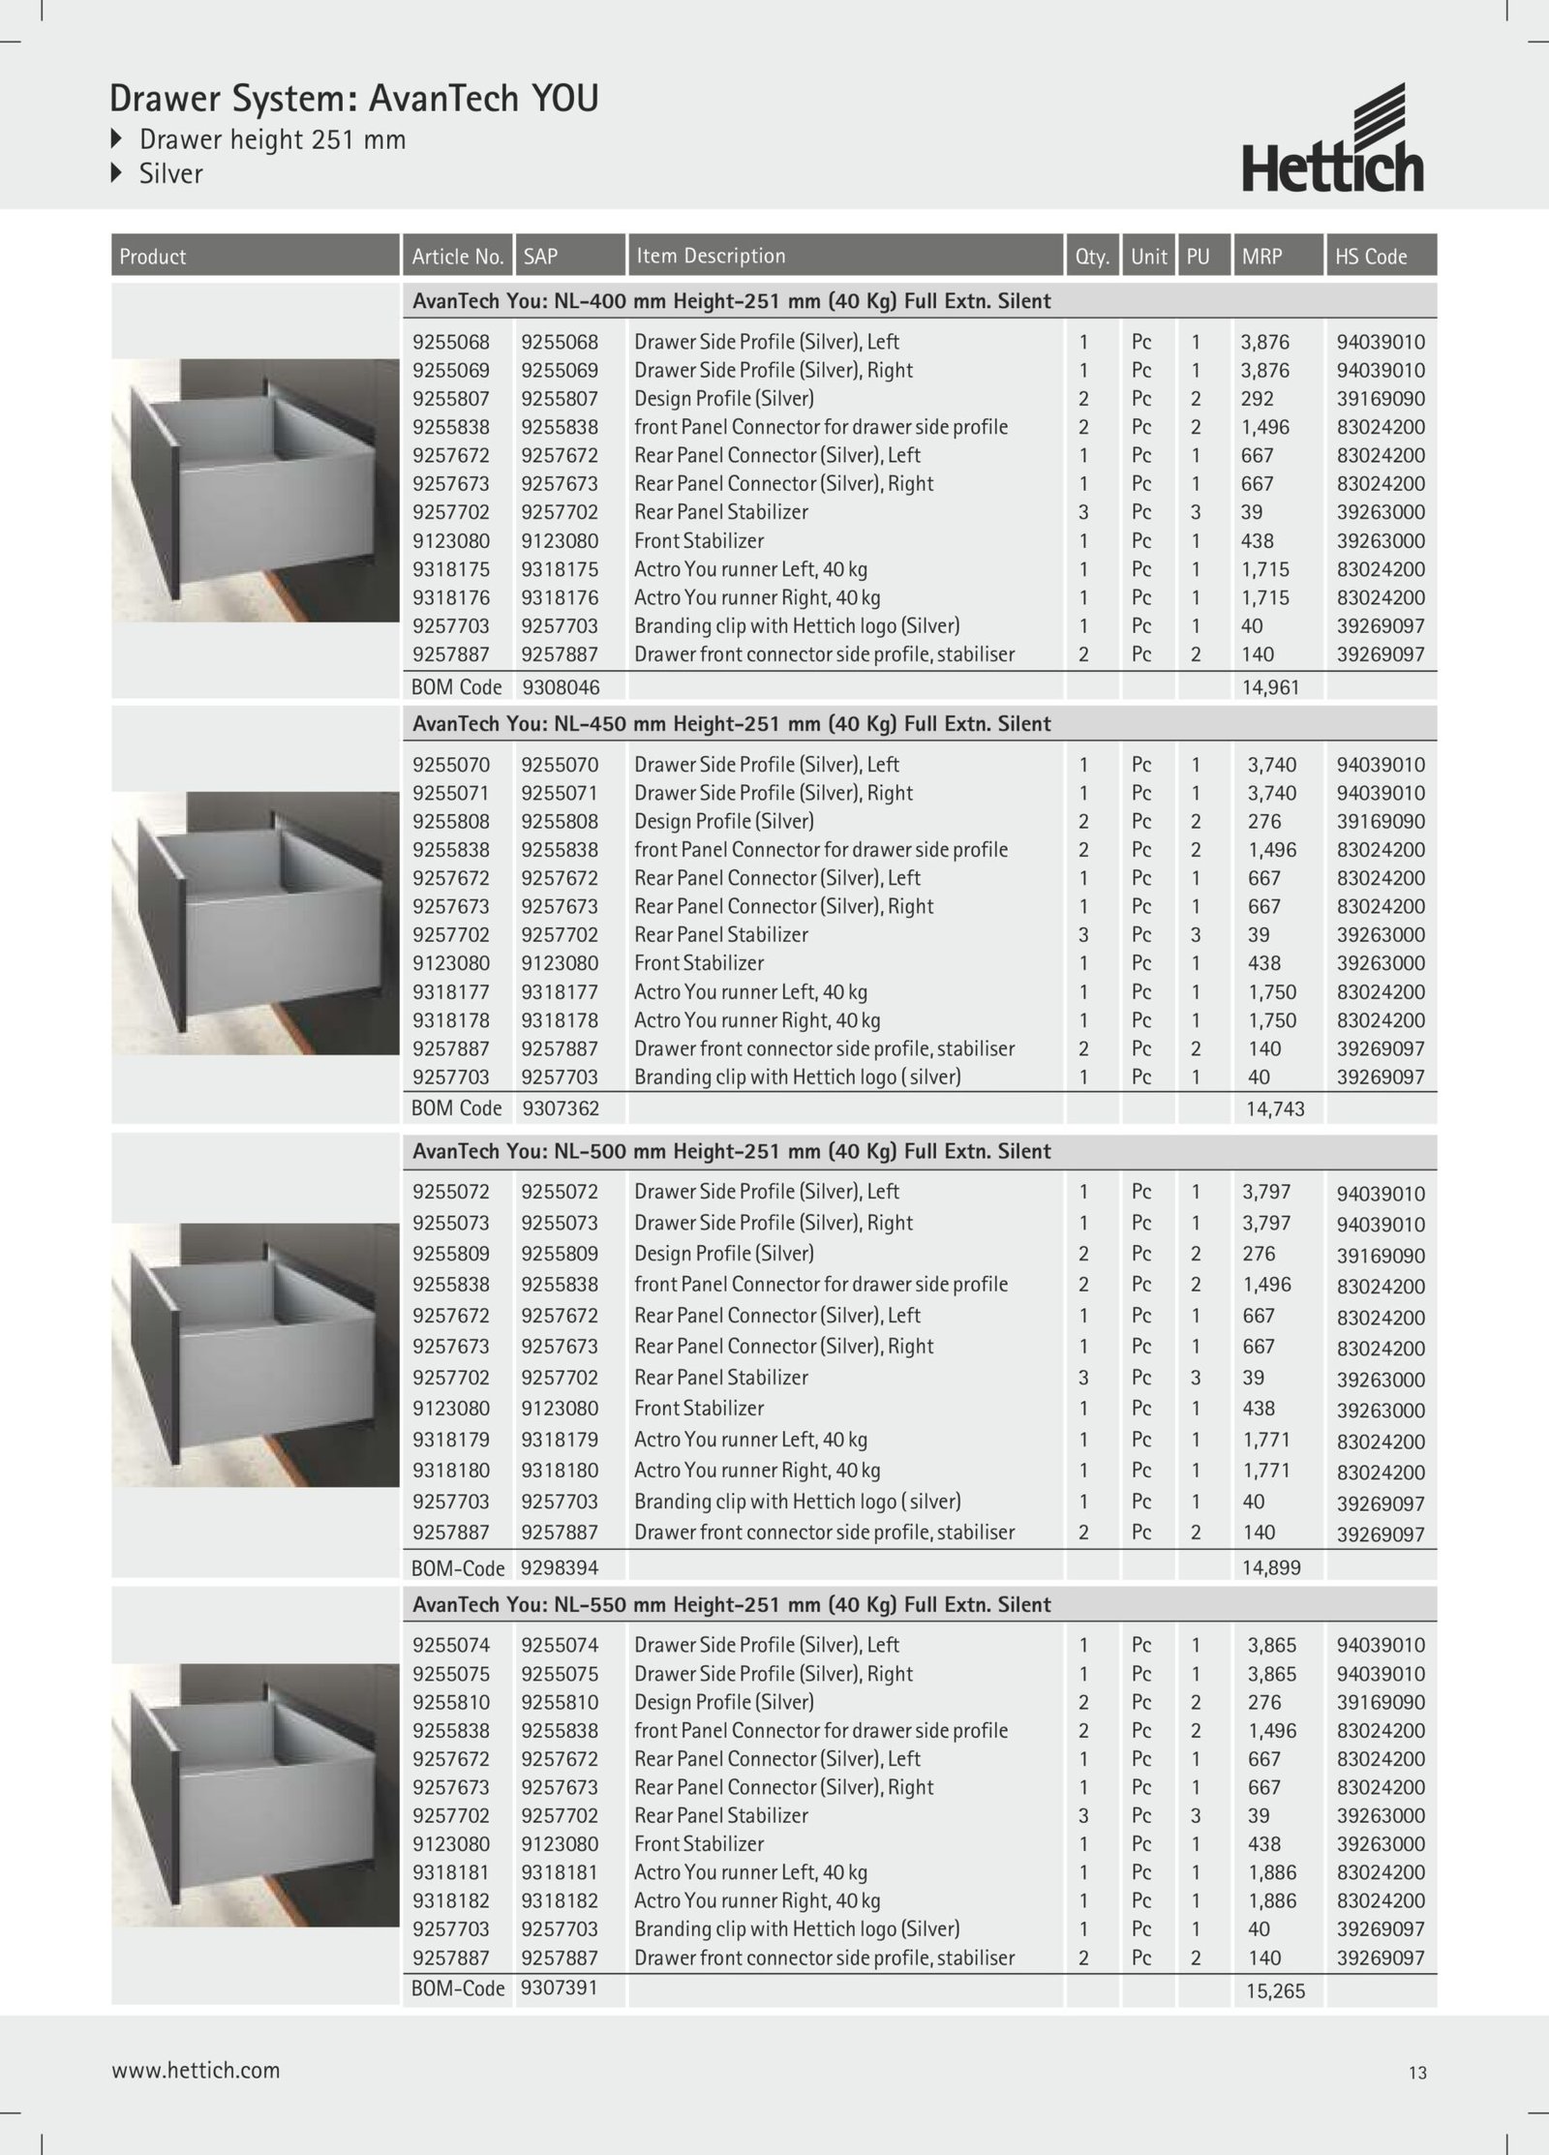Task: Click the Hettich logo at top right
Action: click(x=1333, y=138)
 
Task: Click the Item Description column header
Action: click(x=711, y=256)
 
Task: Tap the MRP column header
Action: click(x=1261, y=257)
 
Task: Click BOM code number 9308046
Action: click(x=561, y=687)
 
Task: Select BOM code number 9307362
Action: click(x=561, y=1108)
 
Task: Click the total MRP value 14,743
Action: click(x=1275, y=1109)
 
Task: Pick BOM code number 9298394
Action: click(x=560, y=1567)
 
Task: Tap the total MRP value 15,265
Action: click(x=1275, y=1991)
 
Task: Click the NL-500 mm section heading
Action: click(x=731, y=1151)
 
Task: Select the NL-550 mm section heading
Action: click(x=731, y=1604)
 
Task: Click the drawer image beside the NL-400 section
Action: click(x=256, y=491)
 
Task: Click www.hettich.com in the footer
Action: click(x=196, y=2071)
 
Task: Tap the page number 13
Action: click(x=1417, y=2073)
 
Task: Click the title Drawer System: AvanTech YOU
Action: click(x=354, y=99)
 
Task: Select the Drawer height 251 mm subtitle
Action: click(x=272, y=139)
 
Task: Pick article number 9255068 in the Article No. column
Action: click(x=451, y=342)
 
